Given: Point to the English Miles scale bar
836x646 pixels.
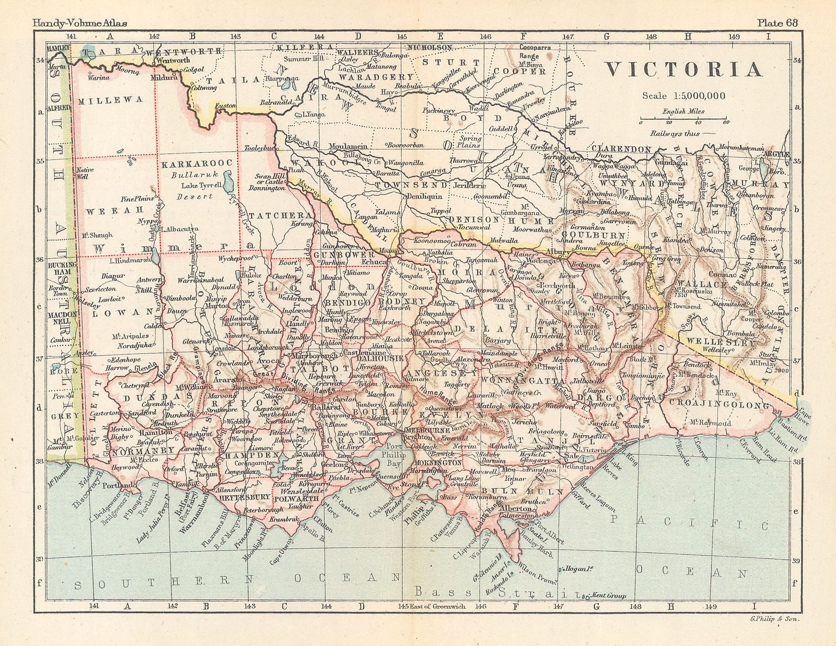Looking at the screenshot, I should pyautogui.click(x=682, y=118).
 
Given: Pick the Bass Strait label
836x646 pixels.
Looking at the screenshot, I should pyautogui.click(x=491, y=592).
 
